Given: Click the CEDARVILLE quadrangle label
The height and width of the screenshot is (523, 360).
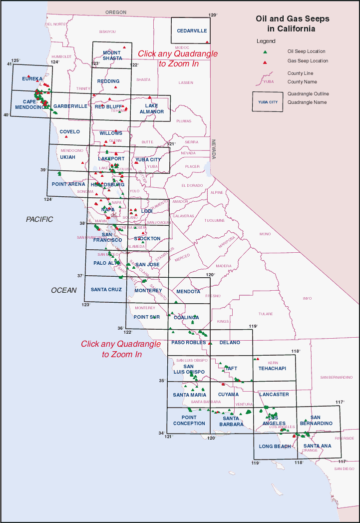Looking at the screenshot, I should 192,31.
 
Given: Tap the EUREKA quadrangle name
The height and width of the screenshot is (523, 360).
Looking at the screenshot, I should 32,79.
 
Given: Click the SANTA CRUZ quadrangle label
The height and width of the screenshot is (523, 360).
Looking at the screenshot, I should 106,290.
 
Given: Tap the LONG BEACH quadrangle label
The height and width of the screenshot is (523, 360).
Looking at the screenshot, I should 275,446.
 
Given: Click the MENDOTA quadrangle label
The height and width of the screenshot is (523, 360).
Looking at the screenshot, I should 188,291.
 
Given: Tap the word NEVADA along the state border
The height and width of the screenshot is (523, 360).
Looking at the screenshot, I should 213,149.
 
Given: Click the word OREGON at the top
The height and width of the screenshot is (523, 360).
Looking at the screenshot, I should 116,12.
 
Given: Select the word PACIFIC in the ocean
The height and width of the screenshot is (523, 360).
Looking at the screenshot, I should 39,219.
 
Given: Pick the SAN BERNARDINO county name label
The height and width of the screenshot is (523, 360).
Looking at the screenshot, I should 336,377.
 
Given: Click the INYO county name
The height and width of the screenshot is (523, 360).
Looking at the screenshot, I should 307,299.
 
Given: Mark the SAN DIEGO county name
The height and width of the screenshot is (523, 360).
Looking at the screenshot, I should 344,469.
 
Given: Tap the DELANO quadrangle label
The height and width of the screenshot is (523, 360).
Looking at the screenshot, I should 230,343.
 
